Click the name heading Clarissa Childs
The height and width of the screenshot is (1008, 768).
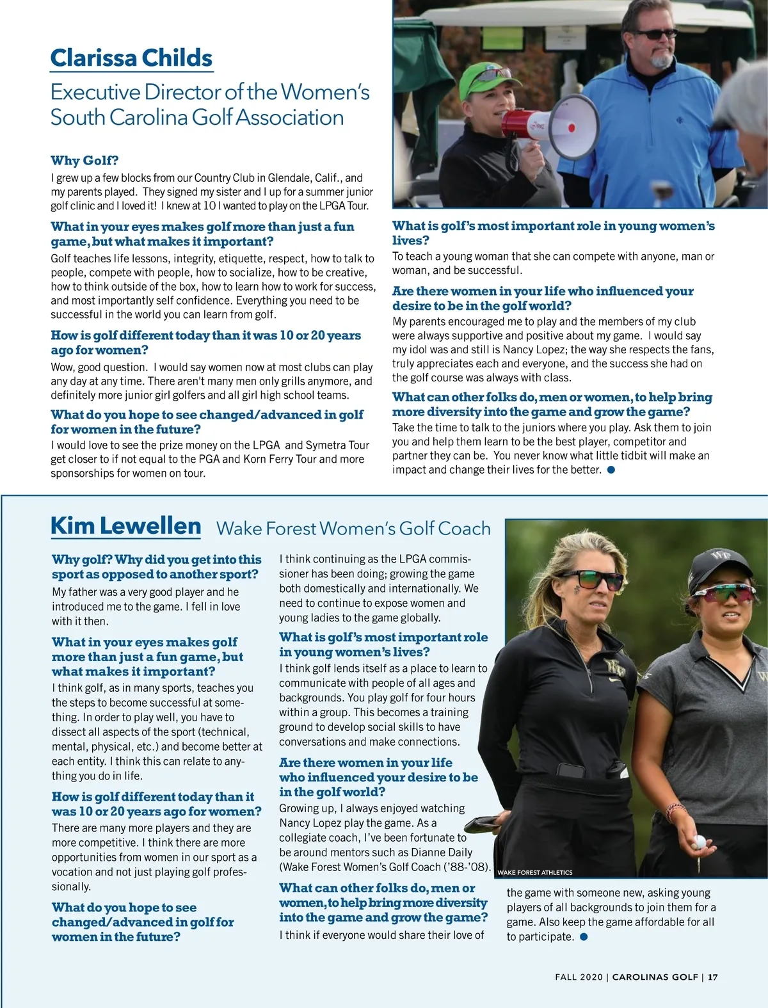click(x=131, y=58)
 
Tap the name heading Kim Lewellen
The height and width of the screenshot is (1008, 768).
click(x=125, y=526)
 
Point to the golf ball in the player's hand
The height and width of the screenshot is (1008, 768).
click(x=700, y=842)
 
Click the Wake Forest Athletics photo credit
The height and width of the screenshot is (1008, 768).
click(x=534, y=872)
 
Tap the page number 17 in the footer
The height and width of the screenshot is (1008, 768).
click(x=713, y=977)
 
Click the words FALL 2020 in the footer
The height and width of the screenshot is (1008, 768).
click(x=579, y=977)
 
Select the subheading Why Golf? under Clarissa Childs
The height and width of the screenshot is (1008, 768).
click(x=84, y=161)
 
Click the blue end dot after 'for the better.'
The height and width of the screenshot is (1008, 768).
click(x=611, y=470)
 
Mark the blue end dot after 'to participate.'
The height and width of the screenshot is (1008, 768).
click(x=583, y=937)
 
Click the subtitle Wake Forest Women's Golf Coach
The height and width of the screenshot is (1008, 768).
click(x=353, y=529)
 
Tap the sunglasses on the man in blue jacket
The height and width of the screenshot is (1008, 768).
click(x=655, y=34)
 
